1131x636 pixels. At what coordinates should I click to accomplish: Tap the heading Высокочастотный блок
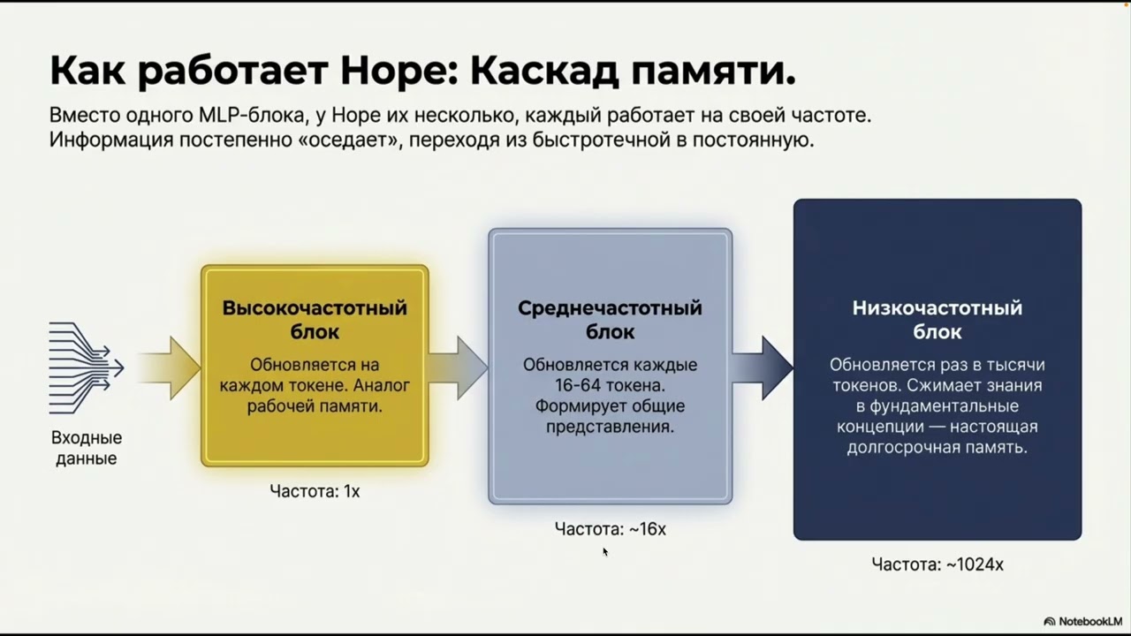315,320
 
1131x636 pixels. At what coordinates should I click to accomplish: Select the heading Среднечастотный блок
610,320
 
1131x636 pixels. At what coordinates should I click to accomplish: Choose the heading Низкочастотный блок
937,320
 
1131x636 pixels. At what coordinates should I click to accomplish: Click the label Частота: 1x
315,491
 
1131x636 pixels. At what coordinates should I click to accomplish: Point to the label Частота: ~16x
610,529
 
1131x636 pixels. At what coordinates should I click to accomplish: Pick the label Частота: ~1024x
937,564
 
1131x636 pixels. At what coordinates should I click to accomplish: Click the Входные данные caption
87,448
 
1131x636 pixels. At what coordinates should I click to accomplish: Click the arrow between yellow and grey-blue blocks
459,367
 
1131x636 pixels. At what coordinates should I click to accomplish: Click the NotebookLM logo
1083,622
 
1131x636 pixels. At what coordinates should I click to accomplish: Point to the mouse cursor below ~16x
605,552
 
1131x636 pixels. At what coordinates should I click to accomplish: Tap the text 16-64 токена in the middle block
610,385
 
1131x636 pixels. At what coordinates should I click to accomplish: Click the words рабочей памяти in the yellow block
315,406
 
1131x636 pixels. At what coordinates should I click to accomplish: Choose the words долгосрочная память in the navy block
937,447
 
